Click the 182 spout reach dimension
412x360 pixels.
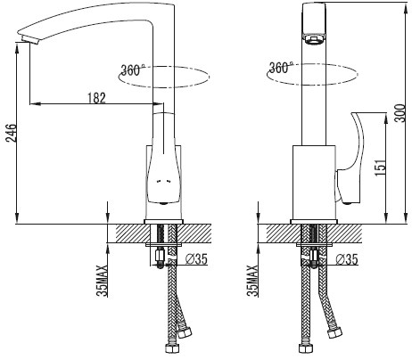96,97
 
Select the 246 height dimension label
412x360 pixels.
11,133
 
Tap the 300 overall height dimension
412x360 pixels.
400,113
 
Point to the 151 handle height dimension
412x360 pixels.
380,168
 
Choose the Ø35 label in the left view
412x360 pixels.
196,259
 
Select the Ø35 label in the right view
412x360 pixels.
347,259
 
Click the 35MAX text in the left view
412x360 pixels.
102,281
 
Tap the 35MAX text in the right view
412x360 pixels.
252,281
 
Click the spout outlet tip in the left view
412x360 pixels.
29,39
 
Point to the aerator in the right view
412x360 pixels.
313,39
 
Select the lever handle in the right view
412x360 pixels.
350,159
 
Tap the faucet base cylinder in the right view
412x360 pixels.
314,183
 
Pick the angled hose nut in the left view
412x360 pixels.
184,332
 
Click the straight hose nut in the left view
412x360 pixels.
171,348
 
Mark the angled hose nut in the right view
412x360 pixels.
334,332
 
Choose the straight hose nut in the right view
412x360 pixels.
305,348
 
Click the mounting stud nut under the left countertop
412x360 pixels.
160,255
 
